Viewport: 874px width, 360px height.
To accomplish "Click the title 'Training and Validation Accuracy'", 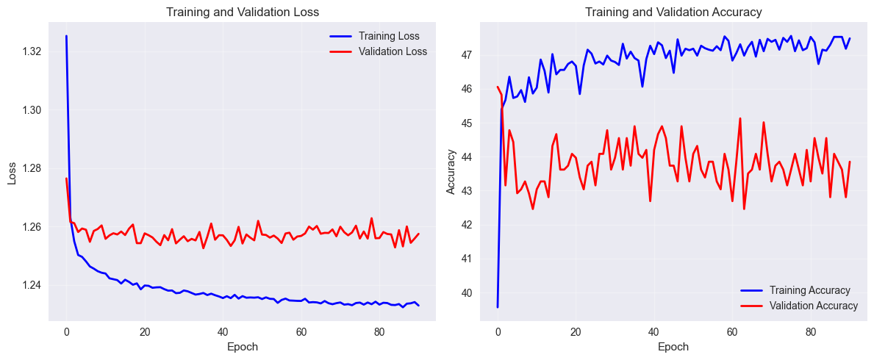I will (674, 12).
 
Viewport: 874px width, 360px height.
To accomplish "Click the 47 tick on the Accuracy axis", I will (468, 55).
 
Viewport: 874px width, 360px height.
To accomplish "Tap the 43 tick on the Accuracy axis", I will (468, 191).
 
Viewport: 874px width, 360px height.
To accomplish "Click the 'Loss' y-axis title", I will (12, 177).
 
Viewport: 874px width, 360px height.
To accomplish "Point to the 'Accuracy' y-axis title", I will (451, 177).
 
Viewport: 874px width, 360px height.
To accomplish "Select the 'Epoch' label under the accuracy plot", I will (673, 347).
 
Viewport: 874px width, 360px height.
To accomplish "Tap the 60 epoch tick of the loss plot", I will (301, 332).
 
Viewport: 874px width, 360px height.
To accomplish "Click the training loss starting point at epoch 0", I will (66, 36).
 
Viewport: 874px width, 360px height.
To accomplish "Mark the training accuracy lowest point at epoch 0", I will (498, 306).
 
